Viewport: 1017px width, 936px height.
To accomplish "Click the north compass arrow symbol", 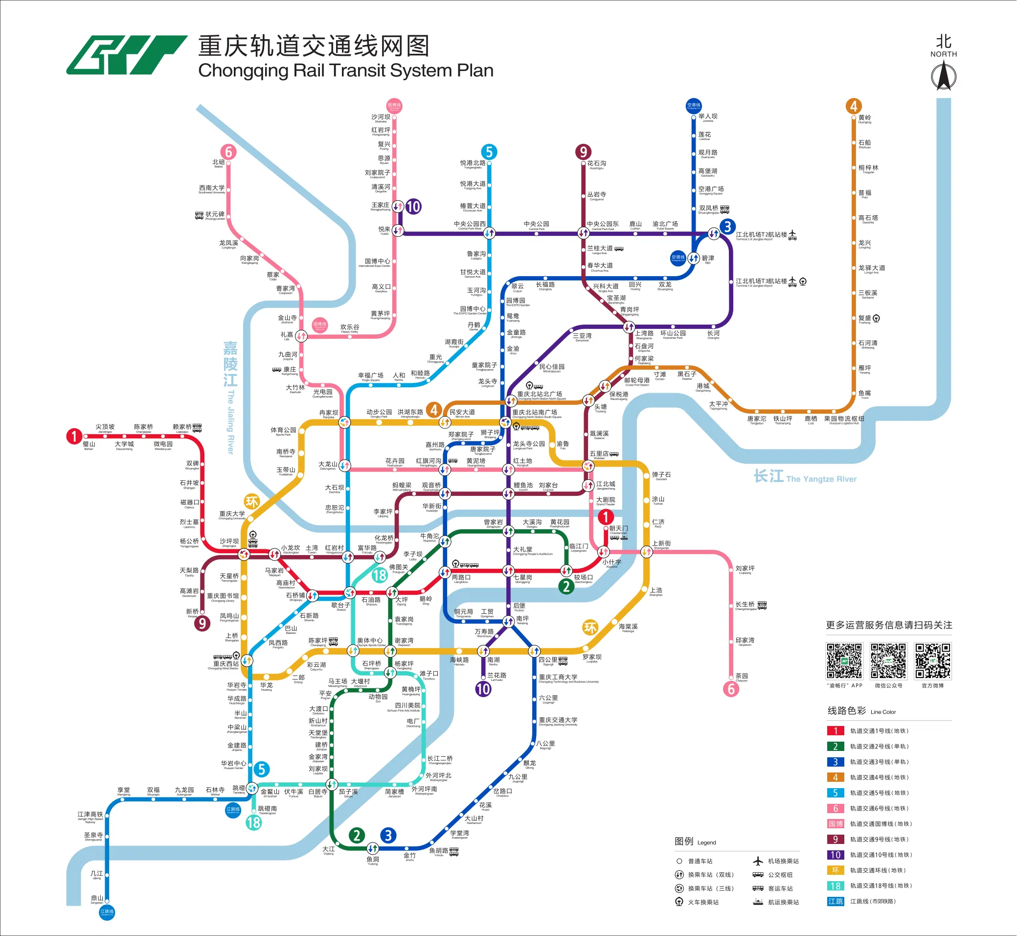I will click(944, 76).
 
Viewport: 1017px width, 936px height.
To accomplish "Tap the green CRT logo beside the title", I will click(126, 55).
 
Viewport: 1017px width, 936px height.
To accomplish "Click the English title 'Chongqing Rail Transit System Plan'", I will click(346, 70).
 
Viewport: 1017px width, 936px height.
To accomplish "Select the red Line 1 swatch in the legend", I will click(835, 731).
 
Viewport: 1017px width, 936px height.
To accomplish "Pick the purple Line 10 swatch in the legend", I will click(835, 855).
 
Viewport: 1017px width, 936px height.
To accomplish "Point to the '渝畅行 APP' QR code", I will click(844, 661).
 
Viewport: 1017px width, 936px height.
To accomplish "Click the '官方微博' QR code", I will click(932, 661).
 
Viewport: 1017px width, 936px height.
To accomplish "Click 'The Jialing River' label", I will click(231, 421).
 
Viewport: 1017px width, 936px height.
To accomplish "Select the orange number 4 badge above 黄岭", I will click(854, 106).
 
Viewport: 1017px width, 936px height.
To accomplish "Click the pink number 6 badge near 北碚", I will click(228, 152).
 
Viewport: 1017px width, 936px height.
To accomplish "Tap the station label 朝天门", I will click(619, 528).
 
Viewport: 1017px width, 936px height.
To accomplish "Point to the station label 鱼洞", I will click(373, 860).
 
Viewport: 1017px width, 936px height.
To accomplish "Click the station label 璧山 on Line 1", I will click(89, 444).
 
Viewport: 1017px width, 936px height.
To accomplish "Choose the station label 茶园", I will click(742, 676).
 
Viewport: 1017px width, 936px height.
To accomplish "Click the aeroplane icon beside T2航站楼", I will click(792, 234).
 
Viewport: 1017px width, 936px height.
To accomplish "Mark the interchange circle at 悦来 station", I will click(398, 231).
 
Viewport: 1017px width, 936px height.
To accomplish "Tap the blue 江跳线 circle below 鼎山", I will click(107, 912).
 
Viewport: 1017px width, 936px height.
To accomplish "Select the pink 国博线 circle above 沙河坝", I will click(394, 105).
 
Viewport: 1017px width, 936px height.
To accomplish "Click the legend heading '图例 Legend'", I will click(695, 842).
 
